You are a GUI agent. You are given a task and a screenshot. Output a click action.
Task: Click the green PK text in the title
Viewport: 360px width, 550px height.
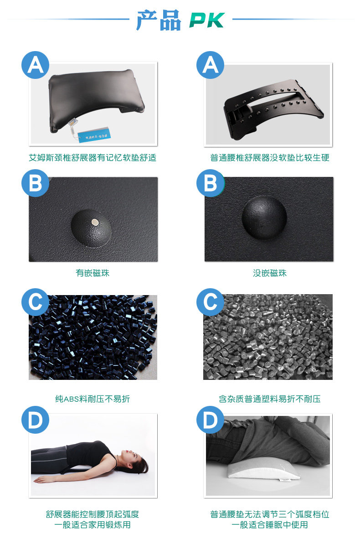pyautogui.click(x=207, y=20)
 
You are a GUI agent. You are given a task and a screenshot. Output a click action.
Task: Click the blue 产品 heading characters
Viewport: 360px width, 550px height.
pyautogui.click(x=159, y=20)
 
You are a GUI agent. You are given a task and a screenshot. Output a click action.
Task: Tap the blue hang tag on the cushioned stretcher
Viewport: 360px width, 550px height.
pyautogui.click(x=94, y=135)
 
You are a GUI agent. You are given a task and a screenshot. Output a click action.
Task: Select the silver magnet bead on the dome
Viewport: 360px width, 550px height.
pyautogui.click(x=95, y=222)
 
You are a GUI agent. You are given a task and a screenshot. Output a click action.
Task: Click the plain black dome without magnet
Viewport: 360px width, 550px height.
pyautogui.click(x=264, y=218)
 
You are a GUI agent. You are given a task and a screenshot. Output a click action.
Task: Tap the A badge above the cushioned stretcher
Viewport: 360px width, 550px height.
pyautogui.click(x=36, y=65)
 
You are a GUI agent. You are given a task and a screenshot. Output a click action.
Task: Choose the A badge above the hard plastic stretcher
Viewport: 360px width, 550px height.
pyautogui.click(x=211, y=65)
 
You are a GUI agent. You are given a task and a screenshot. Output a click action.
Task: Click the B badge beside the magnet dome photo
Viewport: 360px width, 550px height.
pyautogui.click(x=36, y=183)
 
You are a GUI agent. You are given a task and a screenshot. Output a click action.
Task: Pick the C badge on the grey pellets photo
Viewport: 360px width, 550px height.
pyautogui.click(x=211, y=302)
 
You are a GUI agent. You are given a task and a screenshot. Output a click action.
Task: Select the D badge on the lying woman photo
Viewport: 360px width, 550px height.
pyautogui.click(x=36, y=420)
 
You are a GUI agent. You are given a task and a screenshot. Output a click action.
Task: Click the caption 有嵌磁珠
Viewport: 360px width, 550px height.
pyautogui.click(x=93, y=273)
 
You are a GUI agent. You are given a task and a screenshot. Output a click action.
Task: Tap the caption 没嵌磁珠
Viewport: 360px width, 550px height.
pyautogui.click(x=270, y=273)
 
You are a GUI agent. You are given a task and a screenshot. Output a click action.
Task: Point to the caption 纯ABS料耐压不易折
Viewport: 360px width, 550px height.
pyautogui.click(x=93, y=399)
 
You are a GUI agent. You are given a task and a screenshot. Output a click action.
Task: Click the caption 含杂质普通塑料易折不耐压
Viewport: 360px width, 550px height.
pyautogui.click(x=270, y=399)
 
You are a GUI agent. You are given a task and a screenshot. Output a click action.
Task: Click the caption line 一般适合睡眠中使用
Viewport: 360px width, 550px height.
pyautogui.click(x=270, y=525)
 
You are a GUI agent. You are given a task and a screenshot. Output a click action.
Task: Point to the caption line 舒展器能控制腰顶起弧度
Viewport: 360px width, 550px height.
pyautogui.click(x=93, y=514)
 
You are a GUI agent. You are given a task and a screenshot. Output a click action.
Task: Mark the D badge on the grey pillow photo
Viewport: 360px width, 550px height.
pyautogui.click(x=211, y=420)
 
